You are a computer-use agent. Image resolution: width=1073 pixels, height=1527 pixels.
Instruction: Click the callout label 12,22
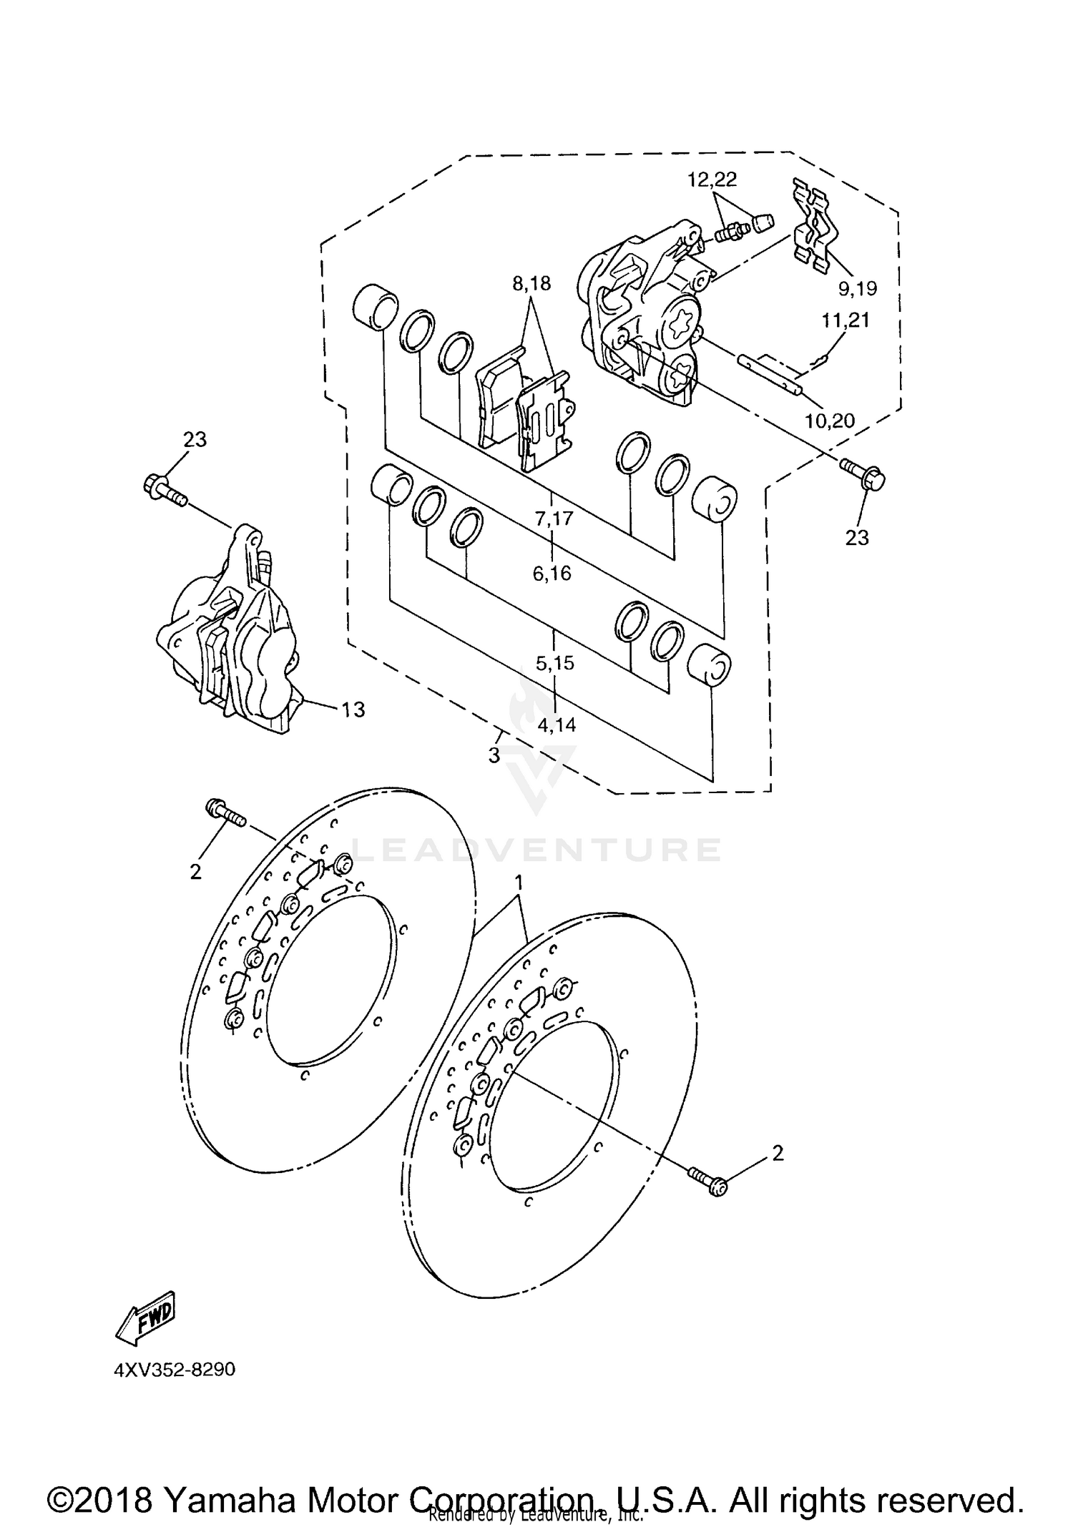pos(712,180)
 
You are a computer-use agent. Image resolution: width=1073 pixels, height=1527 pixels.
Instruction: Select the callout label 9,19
pos(858,289)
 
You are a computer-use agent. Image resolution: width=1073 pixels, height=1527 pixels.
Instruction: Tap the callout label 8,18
pos(531,284)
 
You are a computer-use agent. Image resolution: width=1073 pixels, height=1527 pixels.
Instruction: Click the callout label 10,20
pos(830,421)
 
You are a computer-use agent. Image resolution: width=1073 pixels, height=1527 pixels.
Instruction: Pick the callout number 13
pos(353,710)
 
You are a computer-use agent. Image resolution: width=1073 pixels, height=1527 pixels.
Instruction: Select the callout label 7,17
pos(554,518)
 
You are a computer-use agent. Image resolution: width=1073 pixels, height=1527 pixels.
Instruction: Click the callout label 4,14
pos(557,725)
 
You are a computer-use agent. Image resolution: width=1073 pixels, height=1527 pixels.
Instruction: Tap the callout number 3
pos(494,755)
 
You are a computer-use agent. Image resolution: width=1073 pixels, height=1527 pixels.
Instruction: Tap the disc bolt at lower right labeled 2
pos(708,1182)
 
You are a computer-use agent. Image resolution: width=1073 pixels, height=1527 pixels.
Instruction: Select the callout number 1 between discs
pos(520,883)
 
